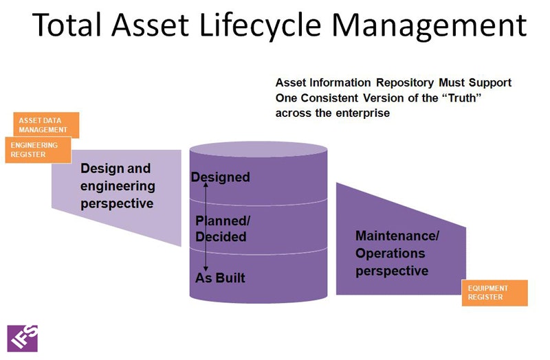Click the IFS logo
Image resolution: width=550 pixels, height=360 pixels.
23,337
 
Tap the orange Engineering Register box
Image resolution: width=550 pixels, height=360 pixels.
38,150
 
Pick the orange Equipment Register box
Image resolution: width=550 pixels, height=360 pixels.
494,293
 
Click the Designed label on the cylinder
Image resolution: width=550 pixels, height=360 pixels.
220,177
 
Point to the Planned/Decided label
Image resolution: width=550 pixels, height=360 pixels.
221,229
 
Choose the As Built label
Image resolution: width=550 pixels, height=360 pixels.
220,278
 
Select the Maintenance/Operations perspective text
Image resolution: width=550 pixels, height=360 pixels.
397,254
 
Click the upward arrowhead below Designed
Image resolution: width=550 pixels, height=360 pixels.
206,186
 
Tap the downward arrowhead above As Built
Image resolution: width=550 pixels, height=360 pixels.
206,269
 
